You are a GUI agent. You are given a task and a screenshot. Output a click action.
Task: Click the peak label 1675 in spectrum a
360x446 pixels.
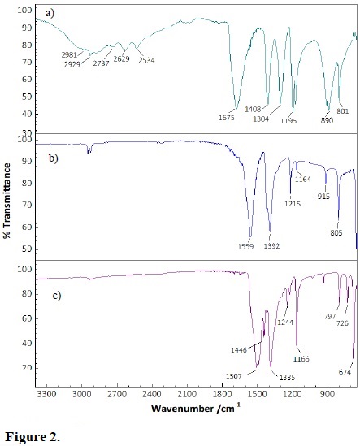(x=227, y=118)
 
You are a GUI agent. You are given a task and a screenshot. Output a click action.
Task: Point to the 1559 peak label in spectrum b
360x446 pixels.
(x=245, y=246)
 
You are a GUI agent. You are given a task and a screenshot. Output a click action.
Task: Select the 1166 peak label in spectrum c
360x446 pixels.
(x=301, y=358)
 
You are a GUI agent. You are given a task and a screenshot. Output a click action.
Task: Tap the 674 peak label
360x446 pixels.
(x=346, y=372)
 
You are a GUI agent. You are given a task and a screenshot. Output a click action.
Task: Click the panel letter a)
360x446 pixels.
(x=50, y=13)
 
